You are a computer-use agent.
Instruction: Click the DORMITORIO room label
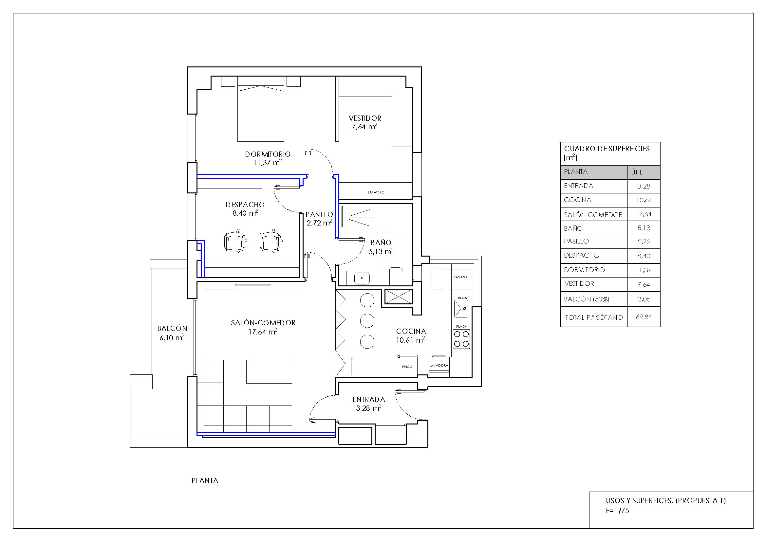pyautogui.click(x=268, y=154)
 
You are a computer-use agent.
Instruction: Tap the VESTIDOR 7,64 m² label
pyautogui.click(x=364, y=122)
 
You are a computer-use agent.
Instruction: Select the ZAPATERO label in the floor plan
pyautogui.click(x=376, y=192)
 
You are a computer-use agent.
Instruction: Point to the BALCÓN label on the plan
pyautogui.click(x=172, y=329)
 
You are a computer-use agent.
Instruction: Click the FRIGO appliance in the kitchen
pyautogui.click(x=407, y=367)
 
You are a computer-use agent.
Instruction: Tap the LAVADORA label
pyautogui.click(x=439, y=366)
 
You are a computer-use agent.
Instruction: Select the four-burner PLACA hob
pyautogui.click(x=461, y=339)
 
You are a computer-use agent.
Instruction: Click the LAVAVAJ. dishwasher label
pyautogui.click(x=462, y=277)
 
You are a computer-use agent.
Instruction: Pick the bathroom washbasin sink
pyautogui.click(x=362, y=278)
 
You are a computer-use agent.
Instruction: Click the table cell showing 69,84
pyautogui.click(x=644, y=317)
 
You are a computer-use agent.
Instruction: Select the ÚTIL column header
pyautogui.click(x=637, y=172)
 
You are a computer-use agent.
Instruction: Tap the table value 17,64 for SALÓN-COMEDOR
pyautogui.click(x=644, y=214)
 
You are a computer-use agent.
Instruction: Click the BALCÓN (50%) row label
pyautogui.click(x=587, y=299)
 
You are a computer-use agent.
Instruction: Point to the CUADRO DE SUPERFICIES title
pyautogui.click(x=607, y=149)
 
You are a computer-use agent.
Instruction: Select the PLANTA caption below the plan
pyautogui.click(x=205, y=481)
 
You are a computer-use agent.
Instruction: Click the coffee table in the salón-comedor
pyautogui.click(x=269, y=371)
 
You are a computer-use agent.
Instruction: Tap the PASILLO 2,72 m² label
pyautogui.click(x=319, y=219)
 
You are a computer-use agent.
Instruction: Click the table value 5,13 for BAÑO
pyautogui.click(x=644, y=228)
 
